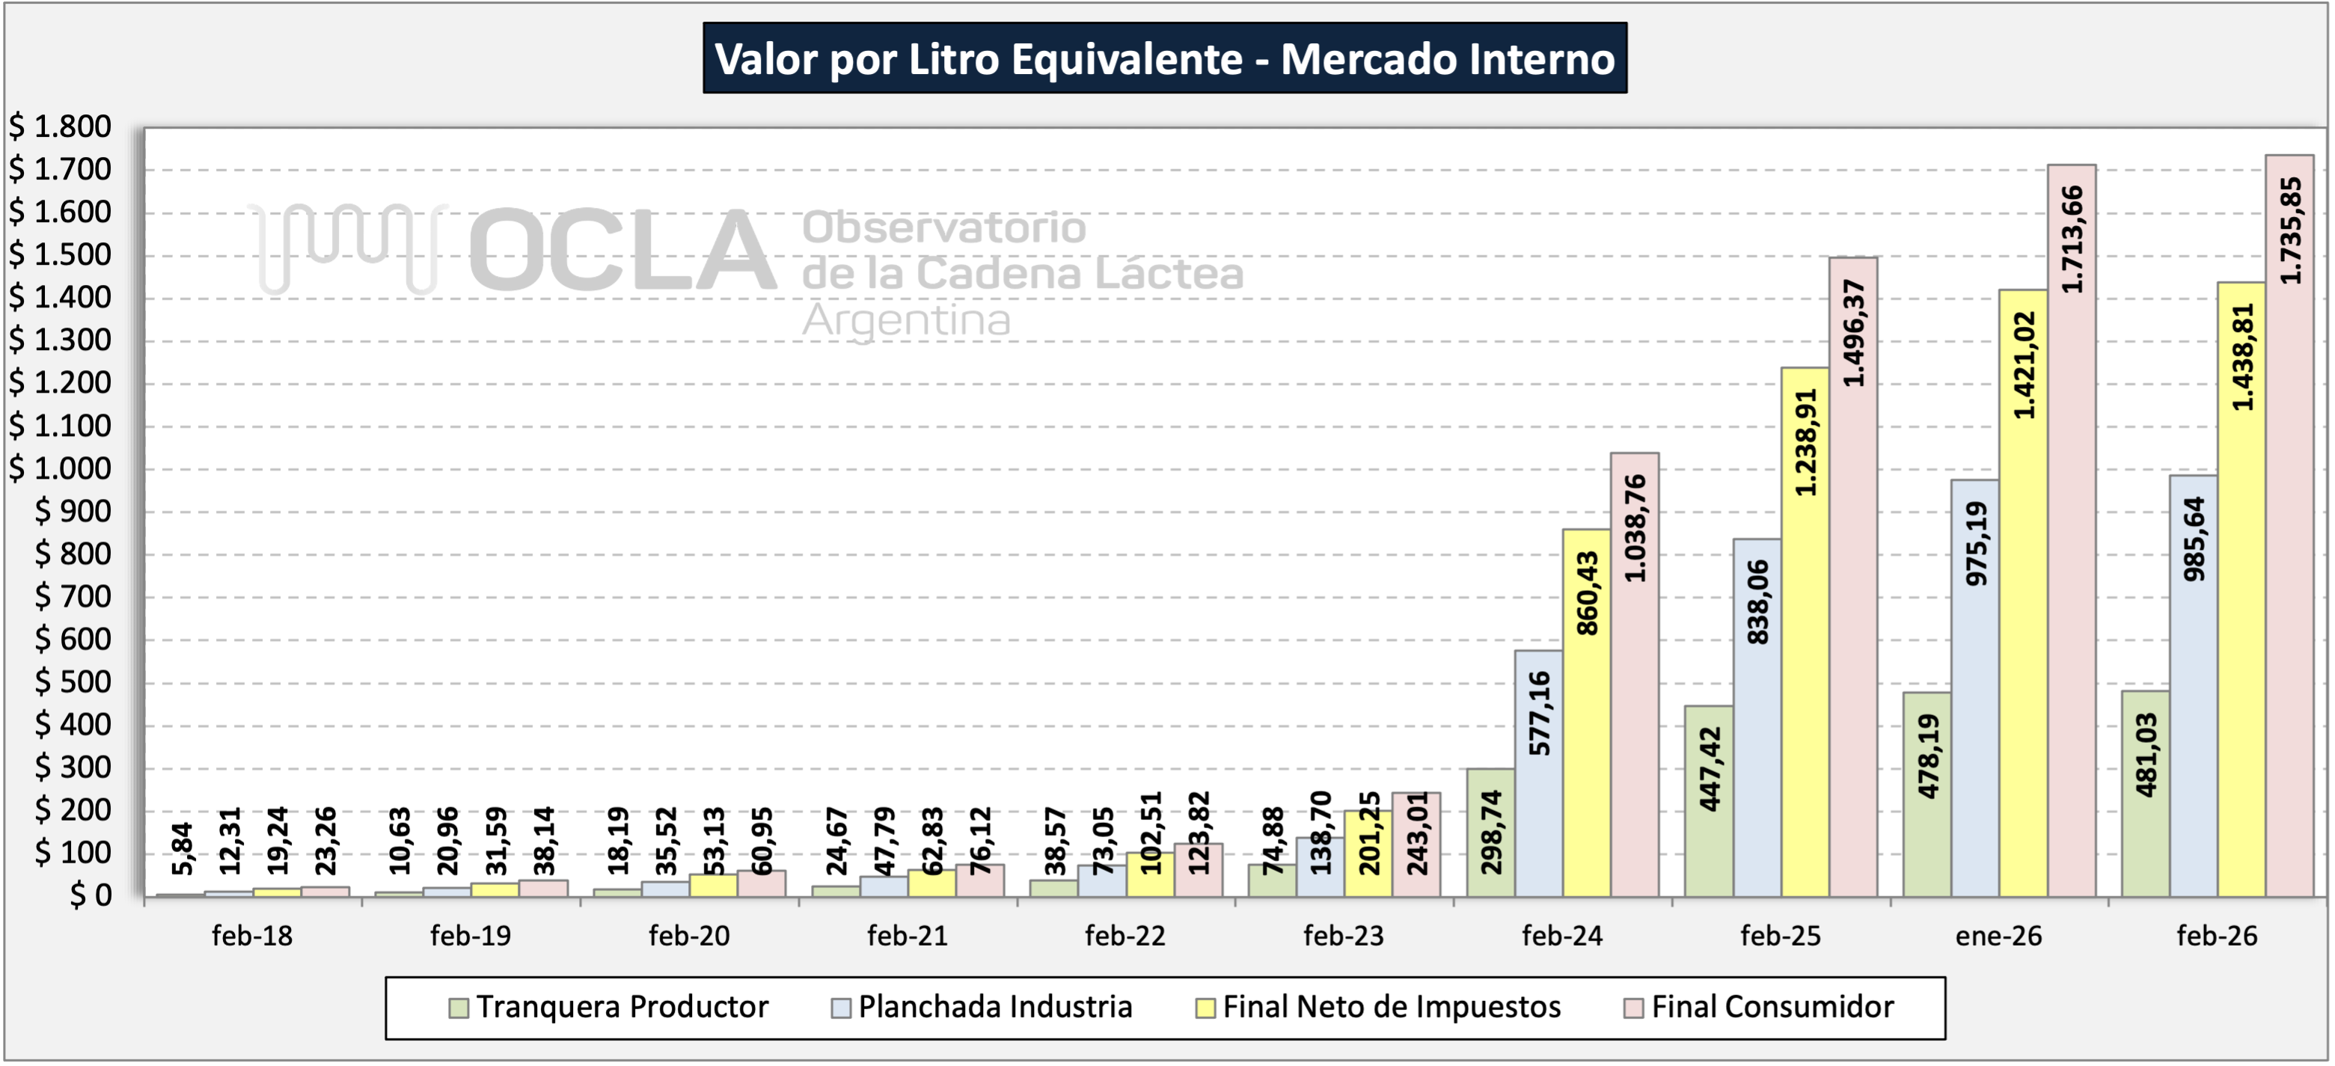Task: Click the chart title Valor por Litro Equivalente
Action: [1164, 59]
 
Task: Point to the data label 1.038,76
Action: [1635, 528]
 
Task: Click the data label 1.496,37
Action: [1854, 333]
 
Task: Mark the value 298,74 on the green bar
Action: [1491, 832]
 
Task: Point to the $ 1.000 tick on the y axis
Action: [60, 468]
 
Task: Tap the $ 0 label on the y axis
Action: [91, 895]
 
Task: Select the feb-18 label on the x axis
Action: [252, 936]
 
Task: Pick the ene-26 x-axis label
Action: [1999, 936]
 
